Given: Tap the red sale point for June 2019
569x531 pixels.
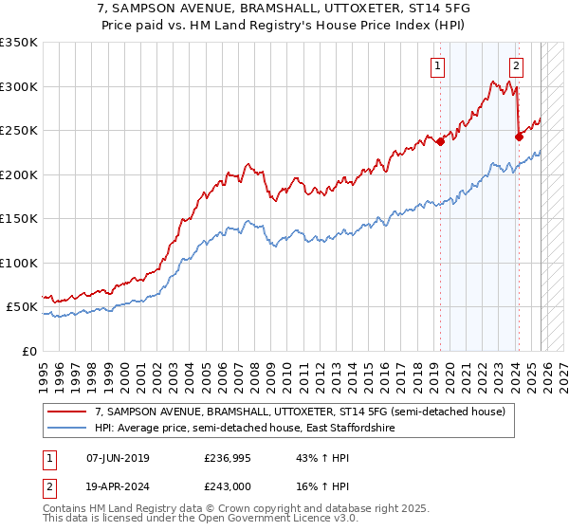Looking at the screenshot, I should (x=441, y=142).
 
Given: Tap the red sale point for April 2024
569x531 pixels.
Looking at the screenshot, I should (x=519, y=137).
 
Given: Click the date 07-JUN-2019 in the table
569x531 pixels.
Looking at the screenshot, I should (x=113, y=458).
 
